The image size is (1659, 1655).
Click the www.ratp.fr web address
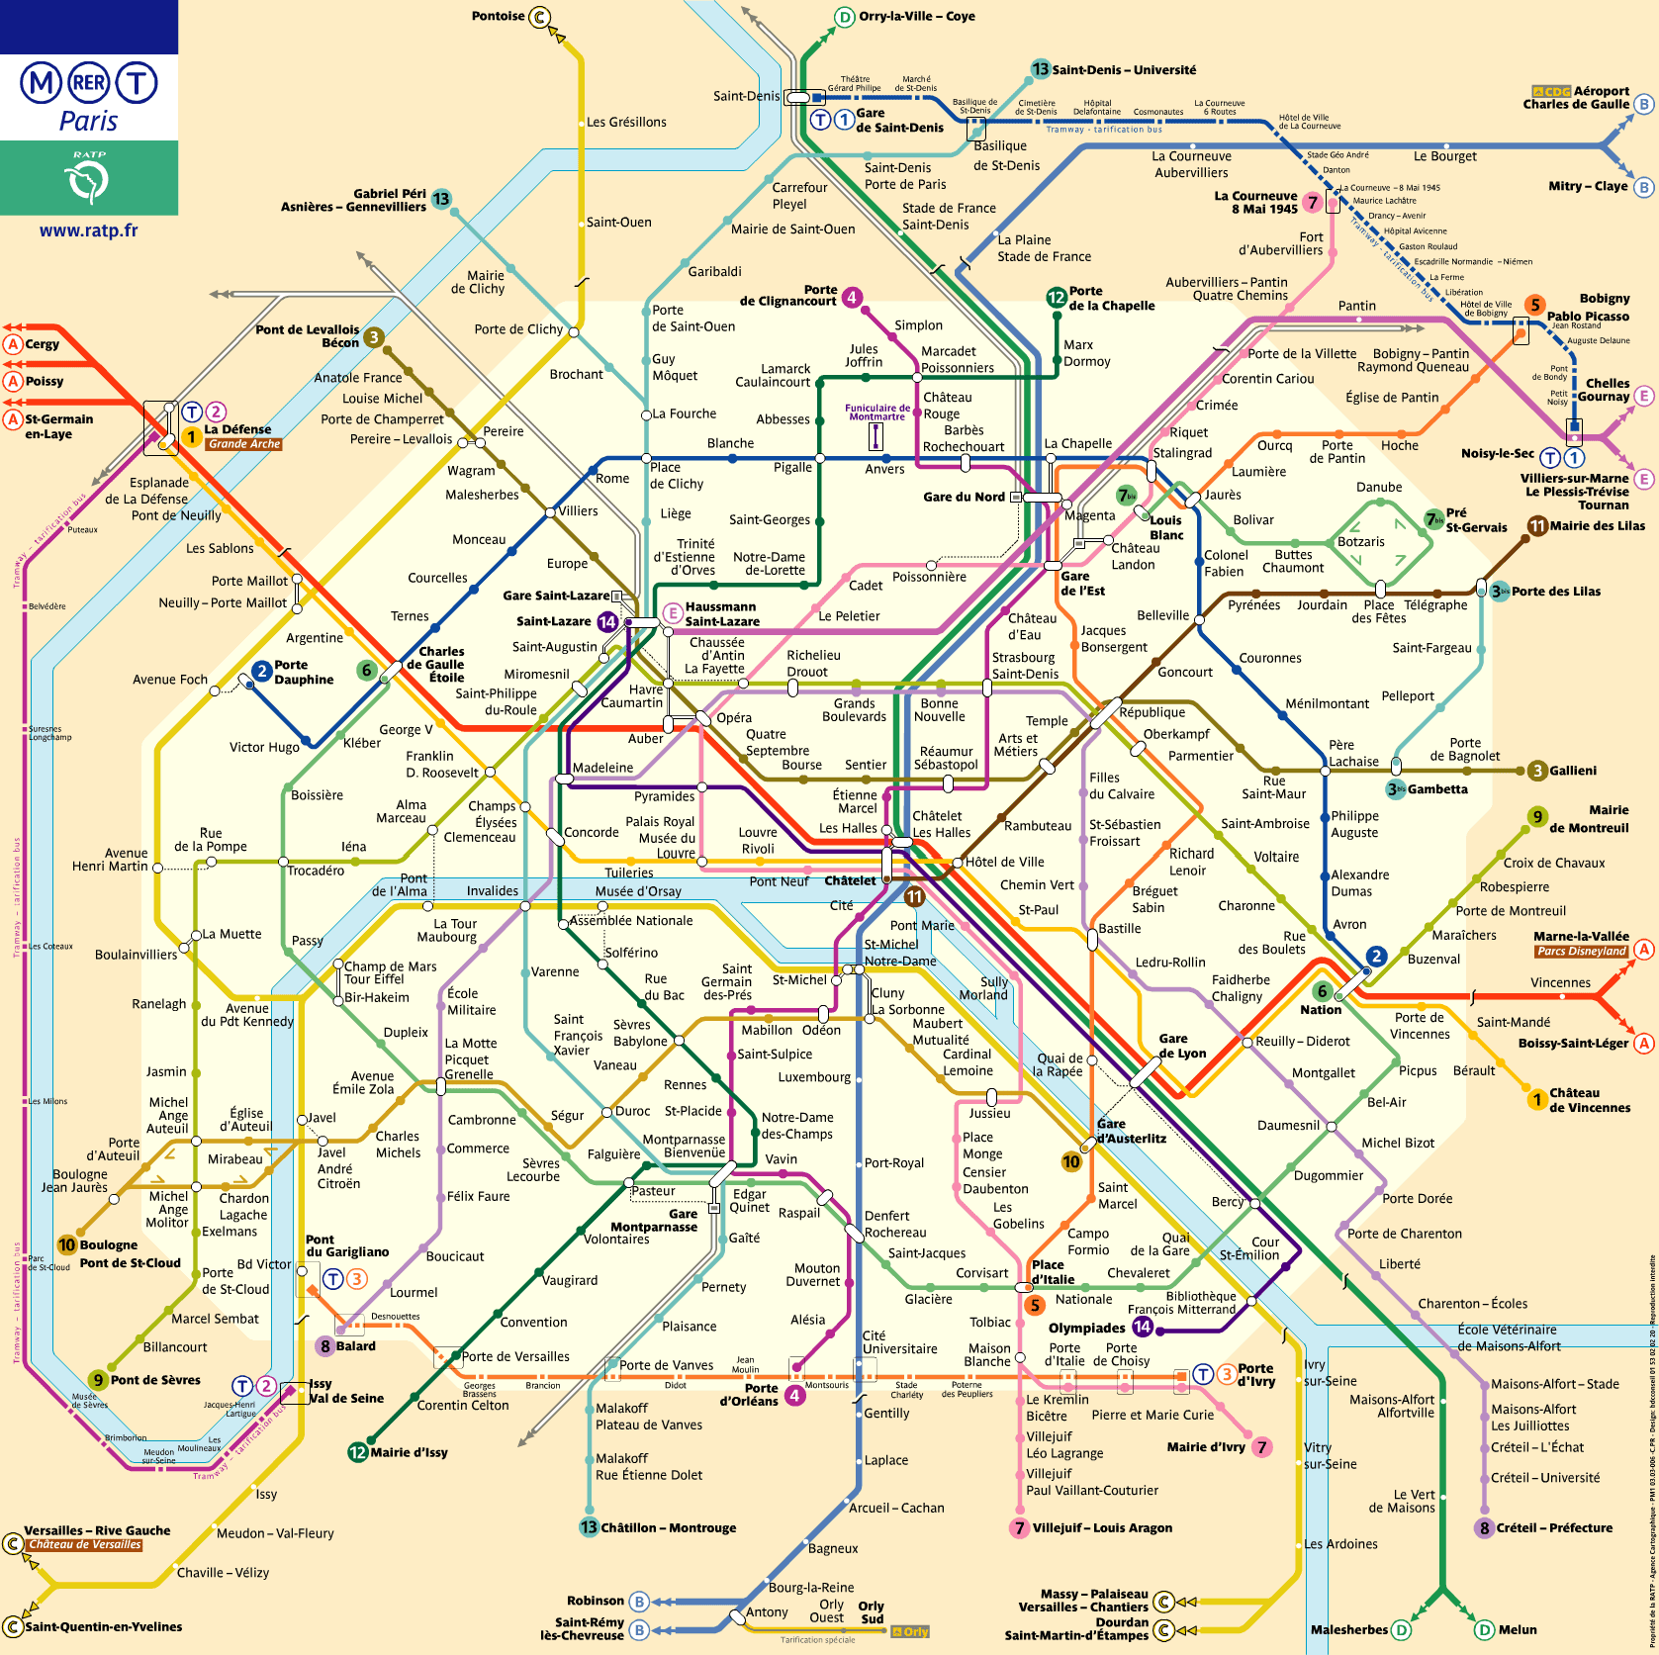coord(88,230)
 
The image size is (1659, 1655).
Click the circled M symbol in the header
coord(42,83)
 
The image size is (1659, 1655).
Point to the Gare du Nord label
coord(964,497)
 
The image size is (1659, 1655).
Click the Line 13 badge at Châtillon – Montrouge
coord(589,1526)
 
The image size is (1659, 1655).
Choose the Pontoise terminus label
coord(498,16)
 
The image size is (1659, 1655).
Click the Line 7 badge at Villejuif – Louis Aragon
coord(1019,1527)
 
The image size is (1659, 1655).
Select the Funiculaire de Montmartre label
coord(876,412)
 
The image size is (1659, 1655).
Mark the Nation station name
coord(1320,1010)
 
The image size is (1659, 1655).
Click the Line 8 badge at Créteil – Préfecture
coord(1483,1527)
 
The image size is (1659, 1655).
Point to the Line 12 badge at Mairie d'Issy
coord(357,1452)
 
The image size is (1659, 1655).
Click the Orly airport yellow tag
coord(910,1632)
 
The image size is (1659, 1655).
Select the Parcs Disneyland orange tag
coord(1581,951)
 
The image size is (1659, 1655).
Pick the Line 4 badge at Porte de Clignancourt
coord(851,297)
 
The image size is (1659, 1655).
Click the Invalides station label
coord(492,890)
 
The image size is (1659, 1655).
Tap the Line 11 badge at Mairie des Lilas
coord(1537,525)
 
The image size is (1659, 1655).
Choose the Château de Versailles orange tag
coord(85,1544)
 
